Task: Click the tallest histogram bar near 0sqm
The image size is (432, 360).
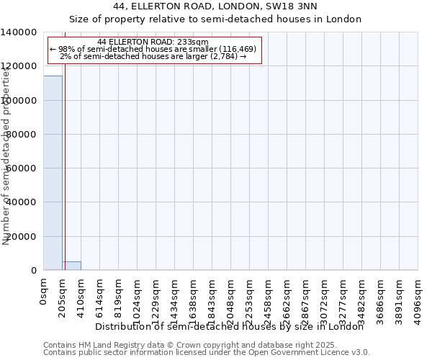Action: [x=53, y=173]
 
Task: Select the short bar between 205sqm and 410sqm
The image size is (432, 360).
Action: [x=71, y=266]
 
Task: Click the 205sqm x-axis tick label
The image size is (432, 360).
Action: [x=63, y=296]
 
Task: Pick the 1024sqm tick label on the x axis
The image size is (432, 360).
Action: [x=138, y=299]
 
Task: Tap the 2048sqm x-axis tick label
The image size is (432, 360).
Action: [x=231, y=299]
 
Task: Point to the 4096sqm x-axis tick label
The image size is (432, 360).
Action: [x=418, y=299]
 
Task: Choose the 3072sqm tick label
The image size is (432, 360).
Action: [x=325, y=299]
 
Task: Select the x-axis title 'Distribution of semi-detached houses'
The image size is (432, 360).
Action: [x=230, y=327]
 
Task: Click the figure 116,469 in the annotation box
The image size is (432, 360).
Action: [x=235, y=49]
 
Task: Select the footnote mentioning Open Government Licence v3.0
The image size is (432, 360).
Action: [x=207, y=353]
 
